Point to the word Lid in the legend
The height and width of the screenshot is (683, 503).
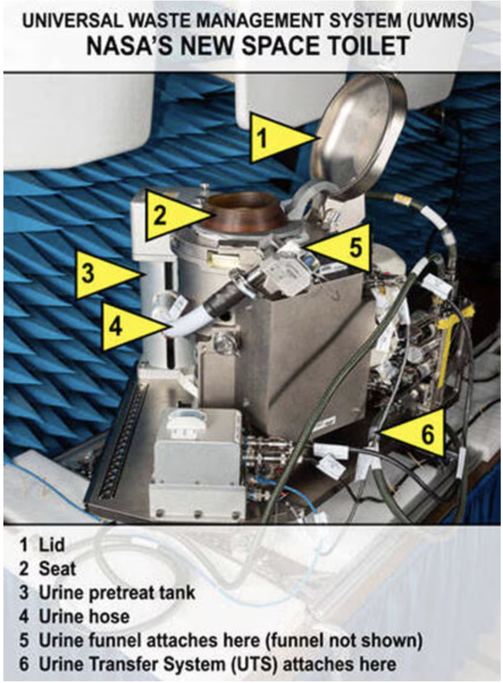point(52,545)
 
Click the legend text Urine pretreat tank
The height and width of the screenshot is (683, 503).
point(117,593)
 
